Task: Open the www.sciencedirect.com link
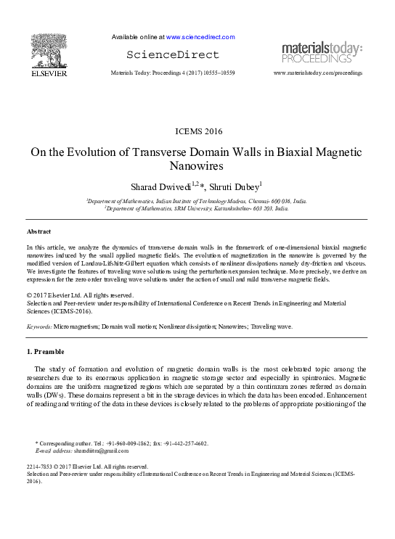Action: point(200,36)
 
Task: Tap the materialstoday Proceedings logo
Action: point(322,52)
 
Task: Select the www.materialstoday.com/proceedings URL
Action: point(318,73)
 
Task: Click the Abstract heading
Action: point(38,231)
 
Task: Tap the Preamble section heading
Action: point(48,351)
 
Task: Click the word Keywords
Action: point(38,326)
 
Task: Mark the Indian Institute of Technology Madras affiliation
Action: point(197,200)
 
